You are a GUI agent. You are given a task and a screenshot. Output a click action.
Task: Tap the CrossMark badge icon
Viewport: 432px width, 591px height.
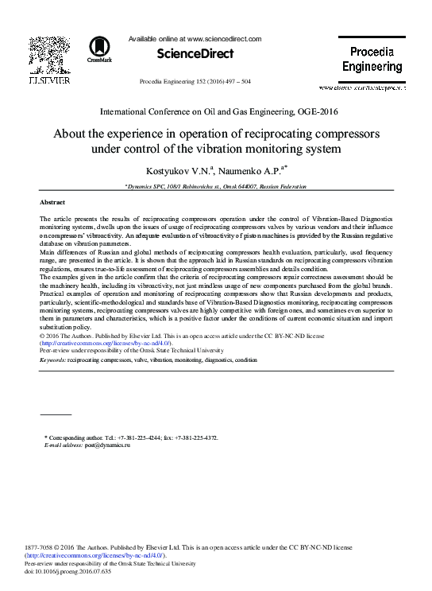pyautogui.click(x=100, y=48)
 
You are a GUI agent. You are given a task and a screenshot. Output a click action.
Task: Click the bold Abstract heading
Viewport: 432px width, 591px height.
pyautogui.click(x=52, y=203)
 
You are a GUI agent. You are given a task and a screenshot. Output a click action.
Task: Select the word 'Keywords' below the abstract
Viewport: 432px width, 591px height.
pyautogui.click(x=53, y=360)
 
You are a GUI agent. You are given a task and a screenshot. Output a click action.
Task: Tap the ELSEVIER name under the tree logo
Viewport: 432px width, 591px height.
pyautogui.click(x=49, y=80)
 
